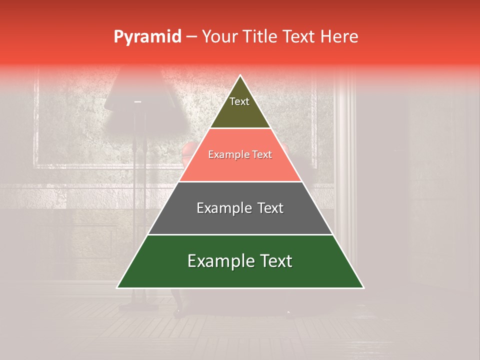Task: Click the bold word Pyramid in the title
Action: [147, 37]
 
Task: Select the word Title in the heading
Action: [261, 37]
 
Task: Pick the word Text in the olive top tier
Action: [239, 101]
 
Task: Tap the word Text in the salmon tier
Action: [262, 155]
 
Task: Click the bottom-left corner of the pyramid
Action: [117, 287]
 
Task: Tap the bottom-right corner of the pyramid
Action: [363, 287]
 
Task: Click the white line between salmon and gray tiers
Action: [240, 181]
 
